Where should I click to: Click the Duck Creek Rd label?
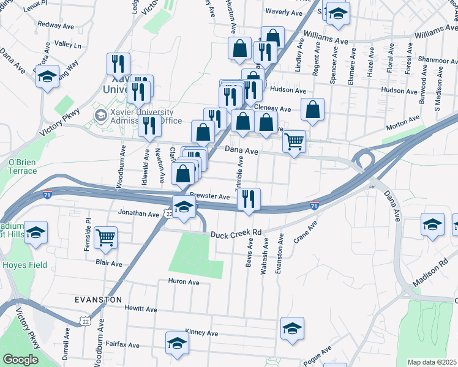(x=236, y=234)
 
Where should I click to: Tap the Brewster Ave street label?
(x=209, y=196)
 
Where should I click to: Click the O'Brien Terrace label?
(x=22, y=166)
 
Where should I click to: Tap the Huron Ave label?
(x=184, y=282)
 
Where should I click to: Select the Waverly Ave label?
(x=285, y=12)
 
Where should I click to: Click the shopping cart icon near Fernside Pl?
(x=106, y=237)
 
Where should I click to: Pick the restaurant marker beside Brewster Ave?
(x=249, y=199)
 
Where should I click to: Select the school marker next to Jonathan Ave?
(x=184, y=207)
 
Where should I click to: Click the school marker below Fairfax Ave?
(x=177, y=343)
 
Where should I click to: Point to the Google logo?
(x=21, y=360)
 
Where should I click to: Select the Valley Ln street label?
(x=67, y=45)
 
